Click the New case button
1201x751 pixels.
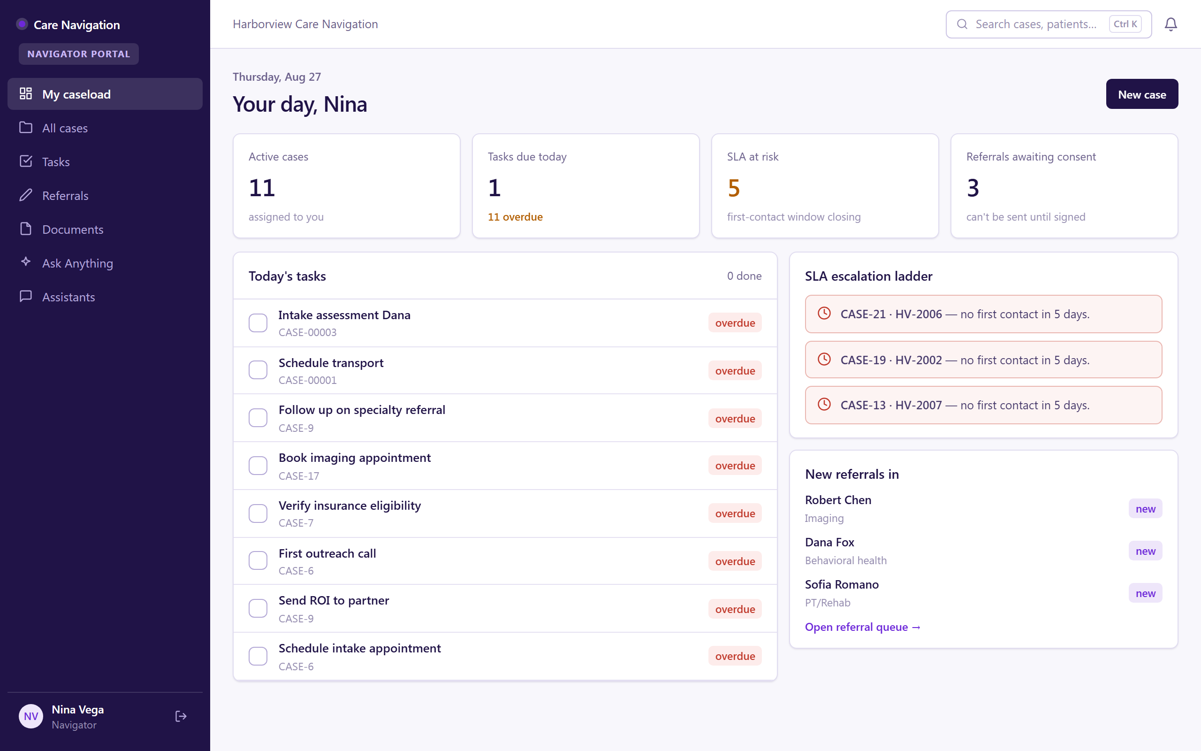tap(1141, 94)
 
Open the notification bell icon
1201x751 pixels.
tap(1171, 24)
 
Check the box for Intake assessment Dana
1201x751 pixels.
tap(258, 323)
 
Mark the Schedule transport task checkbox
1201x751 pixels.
tap(258, 370)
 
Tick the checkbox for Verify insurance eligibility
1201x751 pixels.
tap(258, 513)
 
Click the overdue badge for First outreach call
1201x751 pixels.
tap(735, 561)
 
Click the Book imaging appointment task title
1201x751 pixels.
tap(354, 458)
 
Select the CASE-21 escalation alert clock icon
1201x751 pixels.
tap(824, 314)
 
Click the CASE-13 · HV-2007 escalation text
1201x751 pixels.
tap(965, 405)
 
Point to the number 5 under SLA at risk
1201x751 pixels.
tap(734, 188)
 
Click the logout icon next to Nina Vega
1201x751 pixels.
tap(181, 716)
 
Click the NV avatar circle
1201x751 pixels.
tap(31, 716)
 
